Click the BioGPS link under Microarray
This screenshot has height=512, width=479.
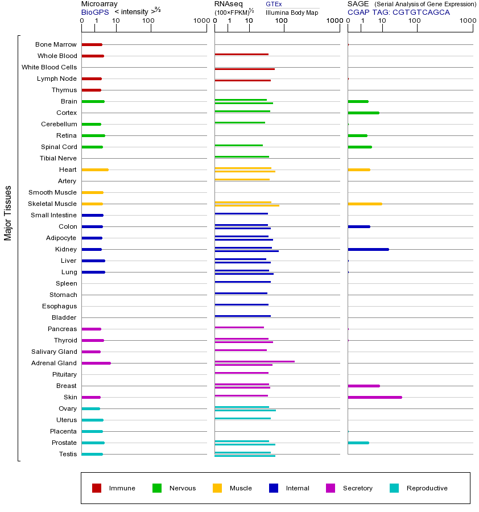pos(94,12)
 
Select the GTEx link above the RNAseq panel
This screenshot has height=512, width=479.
pos(274,4)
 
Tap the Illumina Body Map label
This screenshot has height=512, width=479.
pos(292,12)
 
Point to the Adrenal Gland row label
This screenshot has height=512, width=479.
pos(53,363)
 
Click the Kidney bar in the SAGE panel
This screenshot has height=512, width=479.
pos(368,249)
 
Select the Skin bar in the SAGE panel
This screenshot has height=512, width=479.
pos(374,397)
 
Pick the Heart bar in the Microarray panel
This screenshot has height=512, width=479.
pos(94,170)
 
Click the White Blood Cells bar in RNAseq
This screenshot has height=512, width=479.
pos(245,69)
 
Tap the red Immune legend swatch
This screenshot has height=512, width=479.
pos(97,488)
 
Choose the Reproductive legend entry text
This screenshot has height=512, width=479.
pos(427,488)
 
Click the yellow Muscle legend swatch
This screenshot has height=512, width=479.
pos(217,488)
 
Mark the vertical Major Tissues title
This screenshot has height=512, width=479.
pos(8,213)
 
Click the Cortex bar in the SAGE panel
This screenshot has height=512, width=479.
pos(363,113)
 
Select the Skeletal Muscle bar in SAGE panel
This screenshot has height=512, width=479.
pos(365,204)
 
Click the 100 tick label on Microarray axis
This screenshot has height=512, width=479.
pos(148,21)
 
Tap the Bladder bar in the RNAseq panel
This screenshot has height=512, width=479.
pos(242,316)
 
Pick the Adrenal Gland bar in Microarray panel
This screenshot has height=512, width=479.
pos(96,363)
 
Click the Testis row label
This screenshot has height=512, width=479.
pos(68,454)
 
